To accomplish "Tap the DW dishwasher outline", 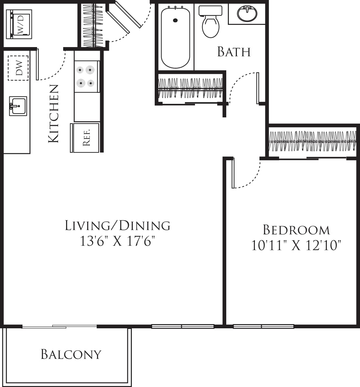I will coord(18,68).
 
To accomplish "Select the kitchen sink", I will coord(18,105).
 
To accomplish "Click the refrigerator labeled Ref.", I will coord(86,138).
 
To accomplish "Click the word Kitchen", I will coord(54,114).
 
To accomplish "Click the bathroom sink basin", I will coord(247,14).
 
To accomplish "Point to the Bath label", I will coord(234,52).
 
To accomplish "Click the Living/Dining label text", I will coord(118,226).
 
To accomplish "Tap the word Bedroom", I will coord(296,230).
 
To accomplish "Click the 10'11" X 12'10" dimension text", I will coord(296,246).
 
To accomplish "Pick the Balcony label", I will coord(71,354).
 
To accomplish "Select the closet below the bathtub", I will coord(190,88).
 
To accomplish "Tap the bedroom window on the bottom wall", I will coord(263,326).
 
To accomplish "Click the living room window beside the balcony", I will coord(183,326).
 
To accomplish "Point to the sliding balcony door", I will coord(59,327).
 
